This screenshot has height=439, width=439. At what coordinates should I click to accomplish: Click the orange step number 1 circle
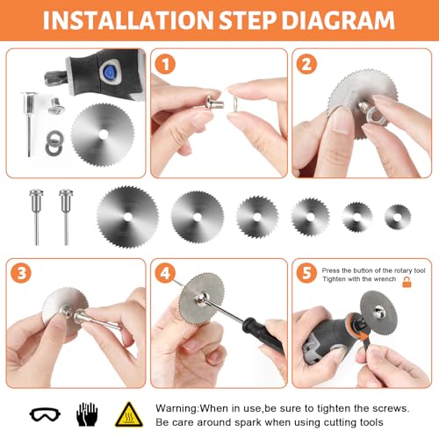point(165,64)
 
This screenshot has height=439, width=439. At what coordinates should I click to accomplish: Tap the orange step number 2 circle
point(306,64)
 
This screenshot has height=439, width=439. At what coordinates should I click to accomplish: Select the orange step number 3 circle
point(21,273)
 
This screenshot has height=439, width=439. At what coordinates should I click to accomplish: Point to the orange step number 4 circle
point(165,273)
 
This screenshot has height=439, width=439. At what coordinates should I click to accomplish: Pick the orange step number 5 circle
point(306,273)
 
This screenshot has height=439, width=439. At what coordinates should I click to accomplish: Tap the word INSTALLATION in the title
point(128,20)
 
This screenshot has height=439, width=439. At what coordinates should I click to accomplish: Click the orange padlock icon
point(407,282)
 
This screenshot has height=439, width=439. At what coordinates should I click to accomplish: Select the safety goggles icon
point(45,414)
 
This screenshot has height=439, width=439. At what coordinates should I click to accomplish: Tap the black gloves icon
point(87,414)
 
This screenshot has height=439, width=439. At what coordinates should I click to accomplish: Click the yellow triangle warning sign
point(129,414)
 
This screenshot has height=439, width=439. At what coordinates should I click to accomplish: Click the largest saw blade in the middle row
point(128,217)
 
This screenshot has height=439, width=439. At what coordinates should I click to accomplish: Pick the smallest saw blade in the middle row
point(398,217)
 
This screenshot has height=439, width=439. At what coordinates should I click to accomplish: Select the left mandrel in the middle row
point(37,217)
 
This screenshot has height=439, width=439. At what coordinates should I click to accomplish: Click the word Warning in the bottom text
point(176,408)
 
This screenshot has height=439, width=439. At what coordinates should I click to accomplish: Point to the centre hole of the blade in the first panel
point(103,134)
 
